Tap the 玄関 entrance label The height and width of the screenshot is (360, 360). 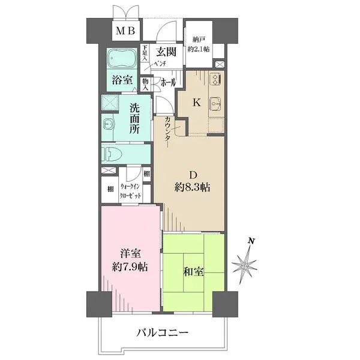[163, 52]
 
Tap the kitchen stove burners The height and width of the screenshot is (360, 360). [215, 79]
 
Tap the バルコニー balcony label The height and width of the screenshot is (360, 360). [163, 332]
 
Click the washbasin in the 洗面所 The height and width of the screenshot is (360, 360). [109, 124]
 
